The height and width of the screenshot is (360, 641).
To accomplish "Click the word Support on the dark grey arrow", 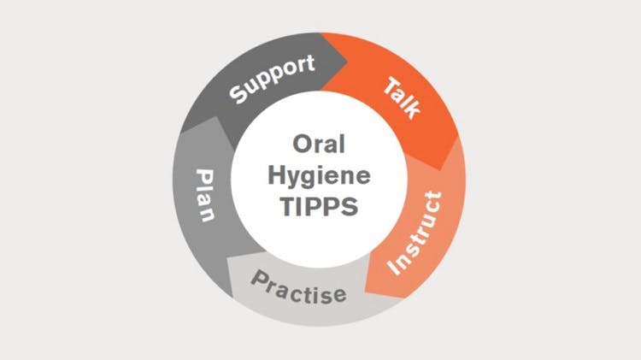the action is click(273, 79).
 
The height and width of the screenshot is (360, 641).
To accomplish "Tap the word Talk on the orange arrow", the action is click(403, 98).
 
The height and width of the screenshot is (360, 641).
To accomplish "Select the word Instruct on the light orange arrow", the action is click(415, 233).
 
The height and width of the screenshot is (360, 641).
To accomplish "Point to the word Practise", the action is click(299, 287).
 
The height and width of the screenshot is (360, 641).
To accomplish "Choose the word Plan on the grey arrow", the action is click(206, 195).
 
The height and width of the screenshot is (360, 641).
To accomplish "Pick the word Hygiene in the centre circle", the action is click(319, 176).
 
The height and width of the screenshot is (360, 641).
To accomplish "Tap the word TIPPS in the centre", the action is click(319, 207).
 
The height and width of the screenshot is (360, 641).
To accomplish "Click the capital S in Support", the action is click(238, 94).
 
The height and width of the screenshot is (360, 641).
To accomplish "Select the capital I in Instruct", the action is click(395, 267).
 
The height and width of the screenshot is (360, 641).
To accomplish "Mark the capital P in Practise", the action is click(261, 279).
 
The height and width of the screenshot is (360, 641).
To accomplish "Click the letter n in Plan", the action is click(206, 215).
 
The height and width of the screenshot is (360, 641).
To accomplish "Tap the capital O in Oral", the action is click(302, 144).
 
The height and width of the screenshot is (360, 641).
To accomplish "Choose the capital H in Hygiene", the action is click(277, 175).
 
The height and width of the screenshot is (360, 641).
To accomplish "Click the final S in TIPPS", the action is click(350, 207).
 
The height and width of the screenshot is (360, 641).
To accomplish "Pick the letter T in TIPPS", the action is click(288, 207).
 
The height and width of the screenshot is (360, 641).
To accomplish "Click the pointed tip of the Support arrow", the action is click(348, 62).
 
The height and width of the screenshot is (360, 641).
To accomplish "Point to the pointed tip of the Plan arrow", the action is click(215, 117).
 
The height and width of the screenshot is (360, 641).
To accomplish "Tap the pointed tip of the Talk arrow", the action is click(440, 170).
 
